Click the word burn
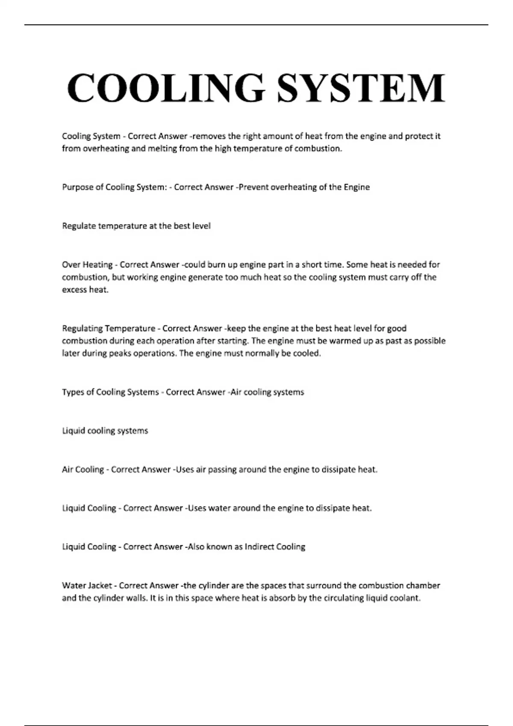[x=216, y=265]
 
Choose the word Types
[x=73, y=392]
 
